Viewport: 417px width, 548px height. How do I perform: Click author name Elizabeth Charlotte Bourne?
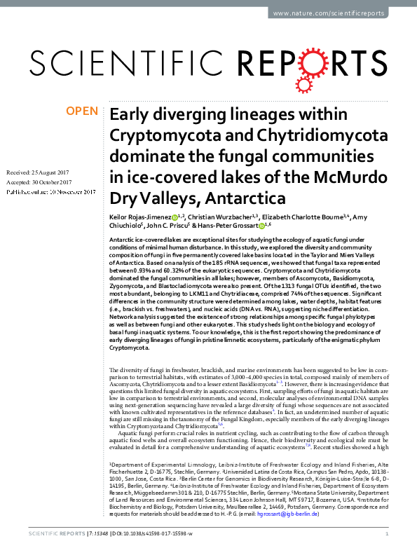[305, 218]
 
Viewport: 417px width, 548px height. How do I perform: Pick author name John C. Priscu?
[169, 226]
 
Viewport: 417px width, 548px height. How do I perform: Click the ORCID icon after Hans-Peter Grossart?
[261, 226]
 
